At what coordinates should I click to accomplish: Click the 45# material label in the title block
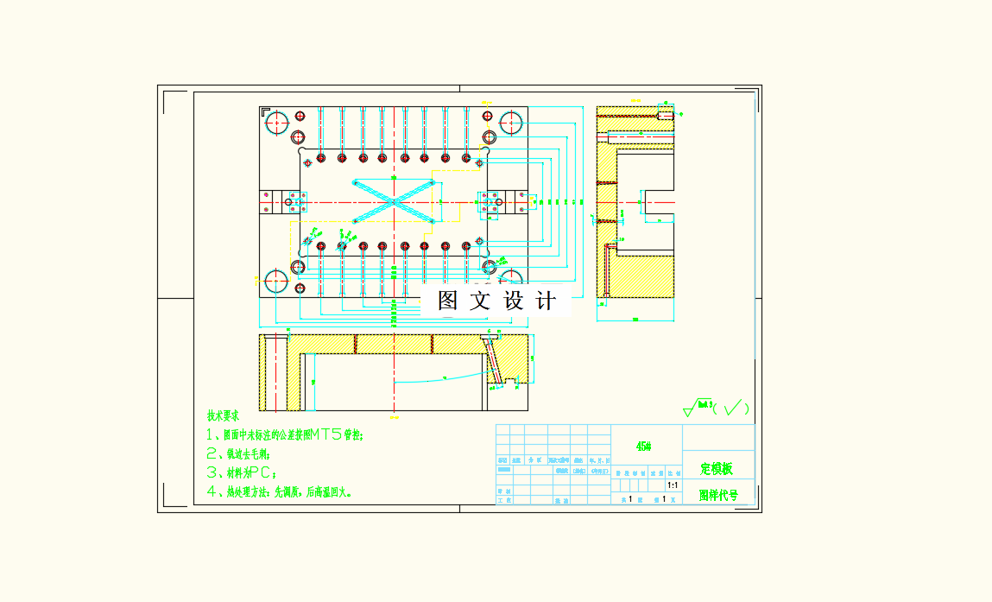point(643,447)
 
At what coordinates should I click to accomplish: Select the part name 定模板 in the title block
point(717,469)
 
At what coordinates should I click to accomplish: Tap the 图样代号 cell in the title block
point(718,496)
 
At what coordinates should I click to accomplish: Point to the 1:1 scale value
point(673,486)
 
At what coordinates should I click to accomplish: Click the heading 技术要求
point(223,415)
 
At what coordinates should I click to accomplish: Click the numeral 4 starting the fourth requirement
point(211,492)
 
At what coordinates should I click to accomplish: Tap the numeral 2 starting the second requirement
point(211,453)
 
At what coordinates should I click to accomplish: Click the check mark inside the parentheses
point(732,407)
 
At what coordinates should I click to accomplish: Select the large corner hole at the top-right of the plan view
point(511,122)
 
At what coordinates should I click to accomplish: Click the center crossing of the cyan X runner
point(394,201)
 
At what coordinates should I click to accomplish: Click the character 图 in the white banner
point(447,301)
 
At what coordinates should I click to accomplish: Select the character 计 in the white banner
point(546,301)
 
